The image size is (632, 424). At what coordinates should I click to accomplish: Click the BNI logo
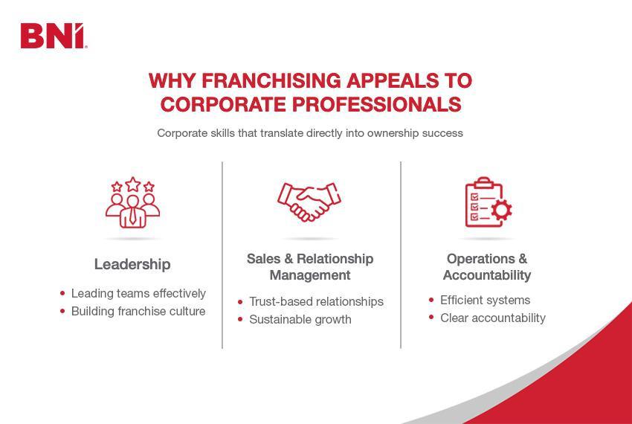pyautogui.click(x=54, y=36)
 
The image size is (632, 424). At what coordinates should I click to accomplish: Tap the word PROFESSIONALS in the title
pyautogui.click(x=375, y=105)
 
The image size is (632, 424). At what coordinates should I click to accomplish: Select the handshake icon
pyautogui.click(x=309, y=202)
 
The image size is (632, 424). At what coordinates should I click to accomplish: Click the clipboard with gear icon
pyautogui.click(x=487, y=202)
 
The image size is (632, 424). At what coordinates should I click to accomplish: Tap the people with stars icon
pyautogui.click(x=132, y=202)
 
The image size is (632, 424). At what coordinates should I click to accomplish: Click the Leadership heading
pyautogui.click(x=132, y=264)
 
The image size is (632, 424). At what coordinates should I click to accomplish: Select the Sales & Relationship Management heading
pyautogui.click(x=310, y=267)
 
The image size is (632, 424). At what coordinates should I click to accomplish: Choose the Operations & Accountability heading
pyautogui.click(x=487, y=267)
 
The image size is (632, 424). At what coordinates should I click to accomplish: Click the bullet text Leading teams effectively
pyautogui.click(x=138, y=294)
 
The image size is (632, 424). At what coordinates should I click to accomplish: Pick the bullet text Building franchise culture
pyautogui.click(x=138, y=312)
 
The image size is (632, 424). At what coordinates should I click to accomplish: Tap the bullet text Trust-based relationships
pyautogui.click(x=316, y=302)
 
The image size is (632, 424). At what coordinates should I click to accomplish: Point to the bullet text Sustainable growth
pyautogui.click(x=300, y=320)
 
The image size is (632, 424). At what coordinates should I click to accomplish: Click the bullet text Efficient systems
pyautogui.click(x=485, y=301)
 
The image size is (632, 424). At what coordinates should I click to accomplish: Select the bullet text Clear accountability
pyautogui.click(x=493, y=318)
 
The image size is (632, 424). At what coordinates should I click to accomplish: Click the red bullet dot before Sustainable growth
pyautogui.click(x=240, y=320)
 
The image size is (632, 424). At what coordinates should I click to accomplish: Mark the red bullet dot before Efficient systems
pyautogui.click(x=431, y=300)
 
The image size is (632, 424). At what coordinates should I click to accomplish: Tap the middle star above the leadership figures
pyautogui.click(x=132, y=183)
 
